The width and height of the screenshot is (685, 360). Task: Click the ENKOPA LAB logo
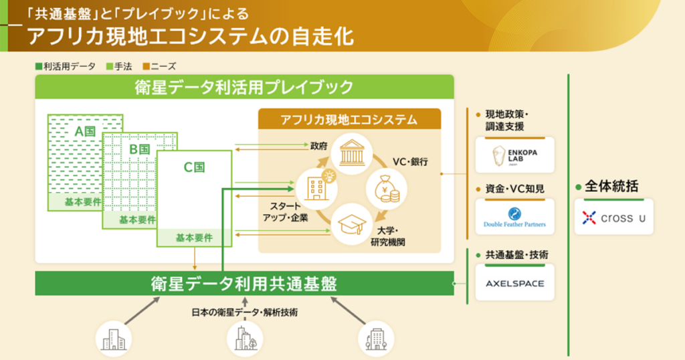pyautogui.click(x=514, y=155)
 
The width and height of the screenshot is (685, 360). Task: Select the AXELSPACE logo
pyautogui.click(x=514, y=283)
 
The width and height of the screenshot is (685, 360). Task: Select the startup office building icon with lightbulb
pyautogui.click(x=313, y=185)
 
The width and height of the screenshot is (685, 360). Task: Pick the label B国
pyautogui.click(x=138, y=149)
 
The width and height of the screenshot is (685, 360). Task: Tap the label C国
pyautogui.click(x=194, y=167)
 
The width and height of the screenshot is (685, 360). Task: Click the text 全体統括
pyautogui.click(x=611, y=187)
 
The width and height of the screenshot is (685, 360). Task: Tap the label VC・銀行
pyautogui.click(x=409, y=162)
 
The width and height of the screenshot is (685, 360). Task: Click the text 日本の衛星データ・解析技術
pyautogui.click(x=244, y=312)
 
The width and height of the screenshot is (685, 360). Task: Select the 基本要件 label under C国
pyautogui.click(x=194, y=238)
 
